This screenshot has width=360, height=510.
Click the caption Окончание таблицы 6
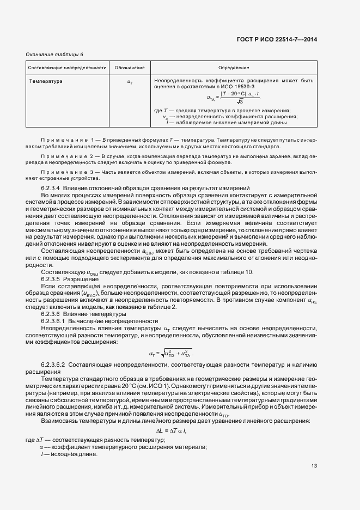pos(54,54)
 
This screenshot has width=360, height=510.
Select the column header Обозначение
pos(130,68)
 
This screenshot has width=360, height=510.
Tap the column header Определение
pos(234,68)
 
